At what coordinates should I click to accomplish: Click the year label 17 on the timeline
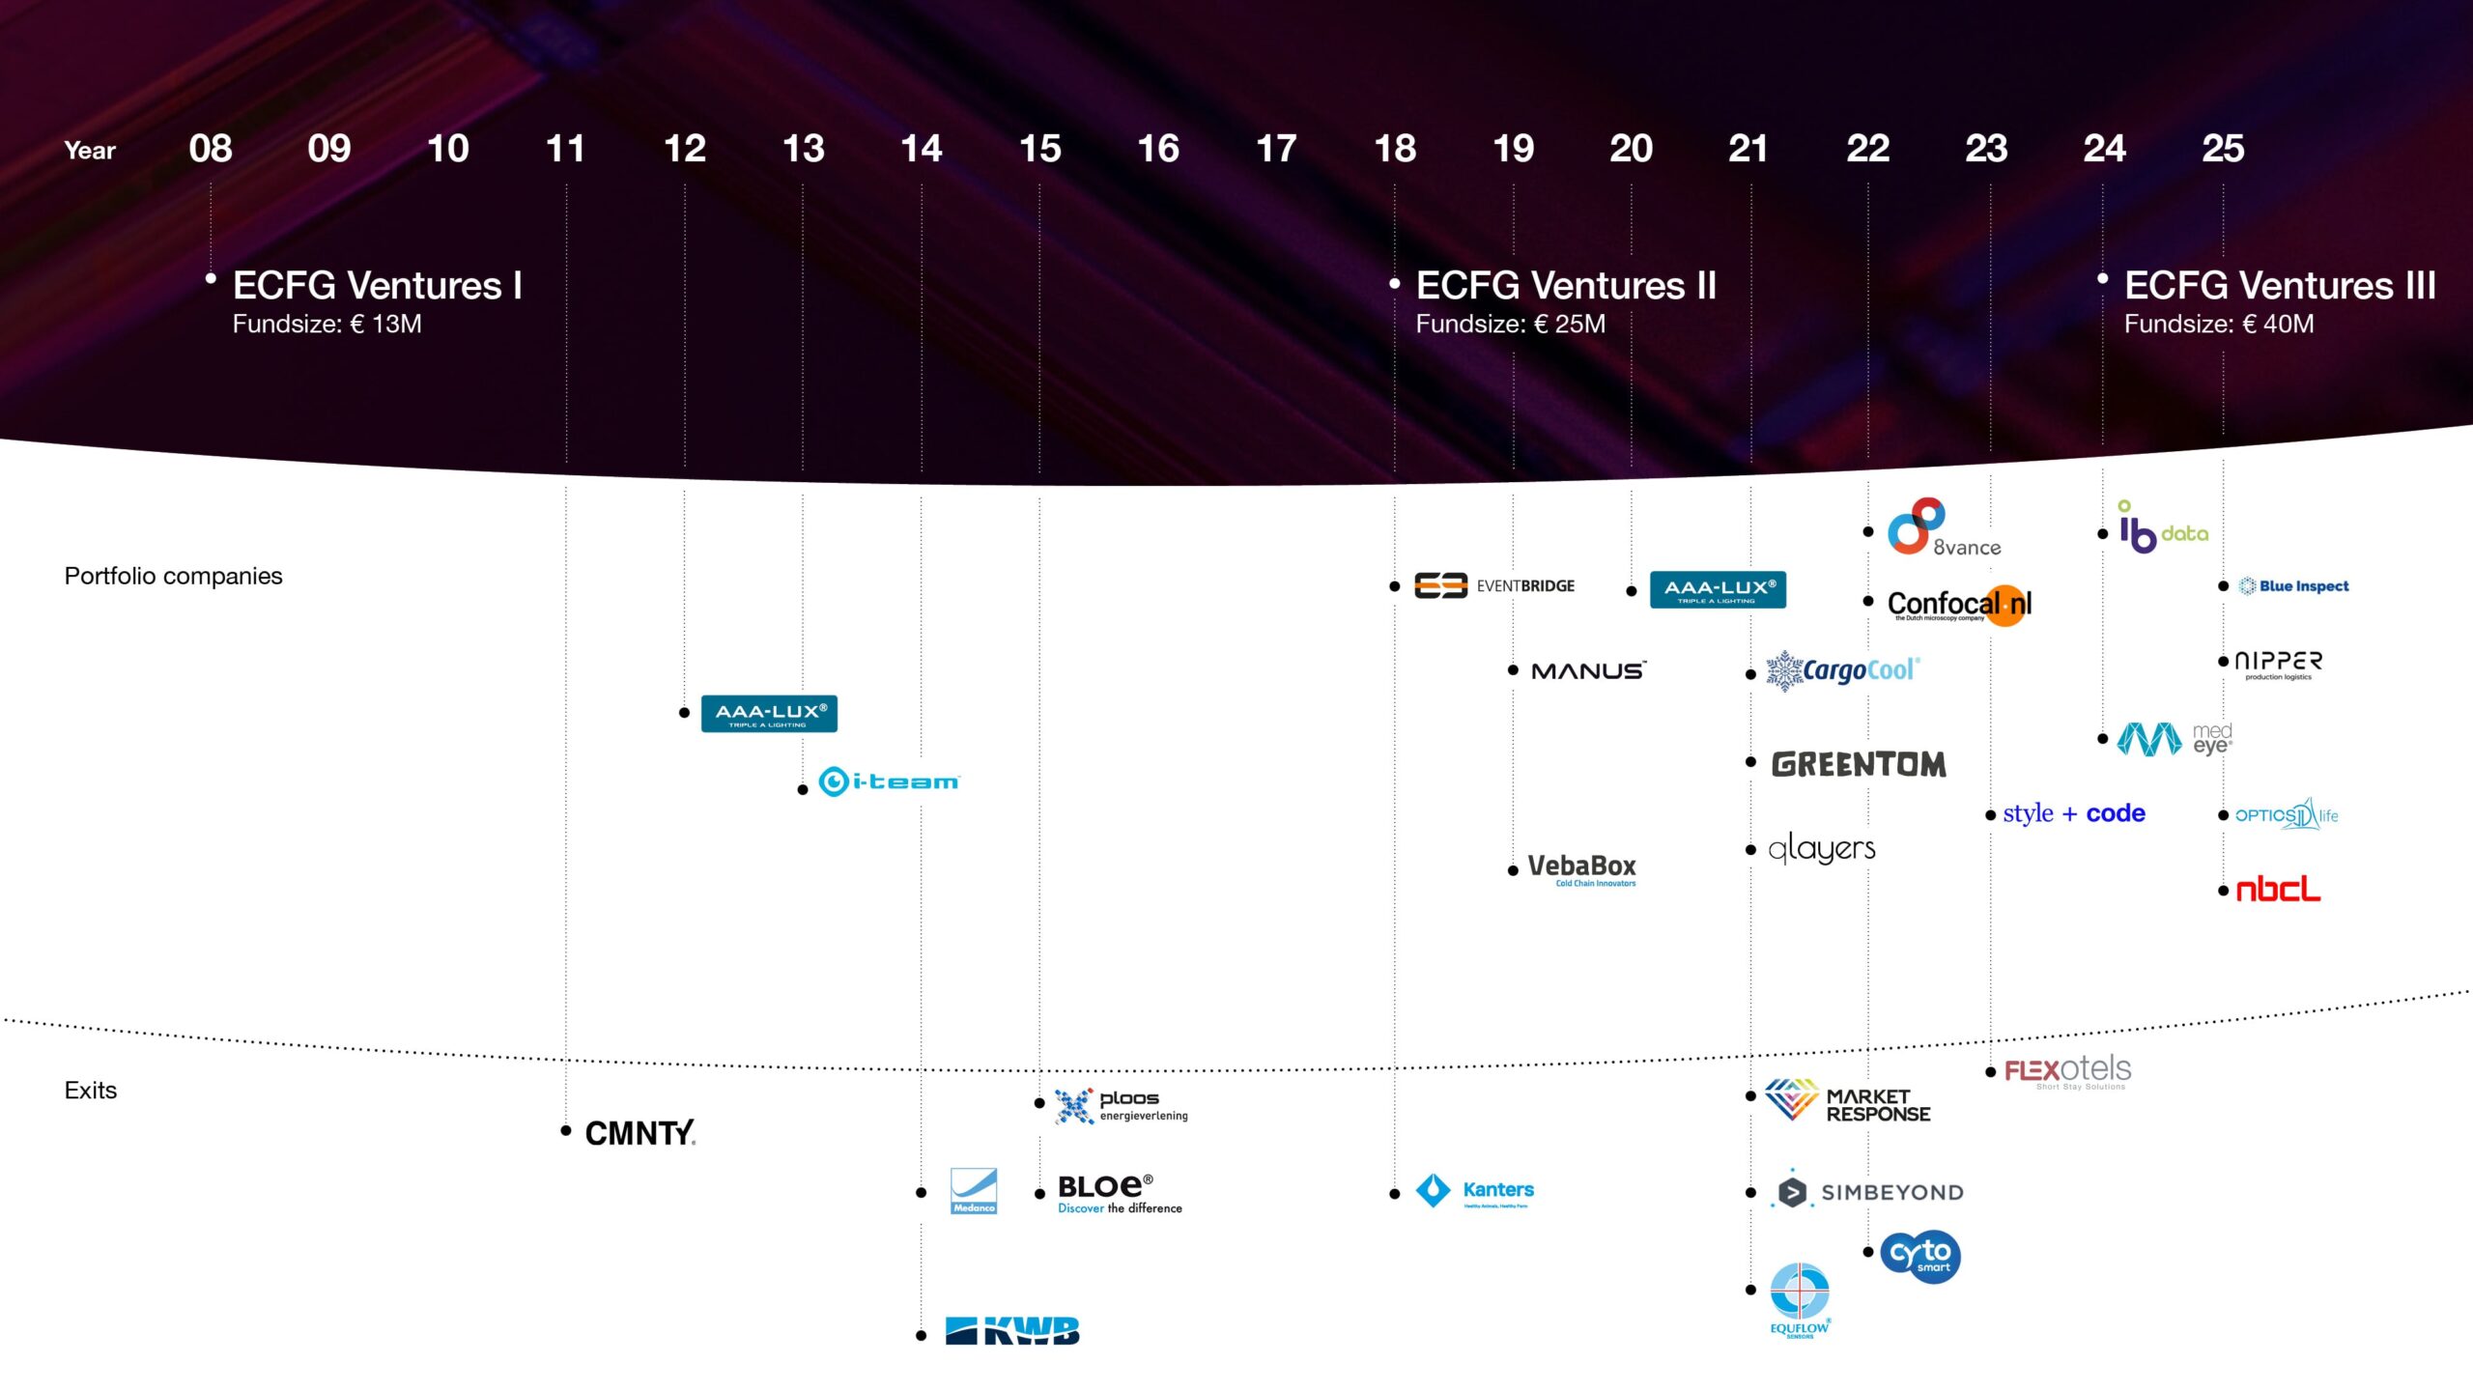[1276, 149]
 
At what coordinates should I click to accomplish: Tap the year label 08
[211, 149]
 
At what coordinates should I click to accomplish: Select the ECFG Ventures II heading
[1566, 286]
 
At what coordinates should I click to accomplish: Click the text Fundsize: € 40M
[2219, 325]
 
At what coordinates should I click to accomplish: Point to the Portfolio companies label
[173, 577]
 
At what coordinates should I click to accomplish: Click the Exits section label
[91, 1091]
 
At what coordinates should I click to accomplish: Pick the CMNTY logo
[640, 1133]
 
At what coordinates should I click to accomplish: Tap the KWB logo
[1012, 1331]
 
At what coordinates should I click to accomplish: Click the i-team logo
[889, 781]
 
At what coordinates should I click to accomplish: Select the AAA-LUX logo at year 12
[769, 714]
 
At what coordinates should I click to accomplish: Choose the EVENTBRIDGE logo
[1494, 585]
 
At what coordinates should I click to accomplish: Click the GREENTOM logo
[1859, 764]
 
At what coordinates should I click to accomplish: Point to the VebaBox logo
[1582, 868]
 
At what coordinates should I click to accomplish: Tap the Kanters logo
[1475, 1191]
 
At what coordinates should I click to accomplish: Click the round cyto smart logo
[1920, 1256]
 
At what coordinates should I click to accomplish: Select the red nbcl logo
[2279, 890]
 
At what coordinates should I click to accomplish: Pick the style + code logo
[2074, 814]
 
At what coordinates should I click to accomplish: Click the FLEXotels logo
[2067, 1071]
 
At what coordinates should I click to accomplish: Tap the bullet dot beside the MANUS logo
[1513, 670]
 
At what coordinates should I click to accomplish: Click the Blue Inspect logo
[2293, 586]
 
